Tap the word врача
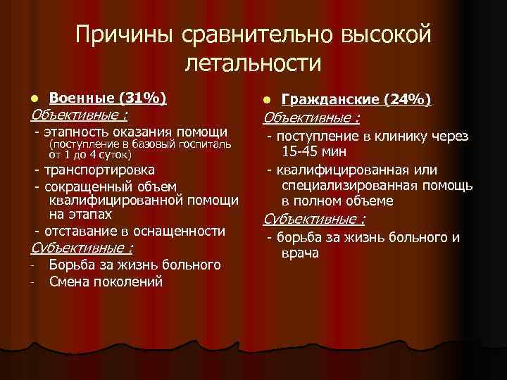tap(299, 253)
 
